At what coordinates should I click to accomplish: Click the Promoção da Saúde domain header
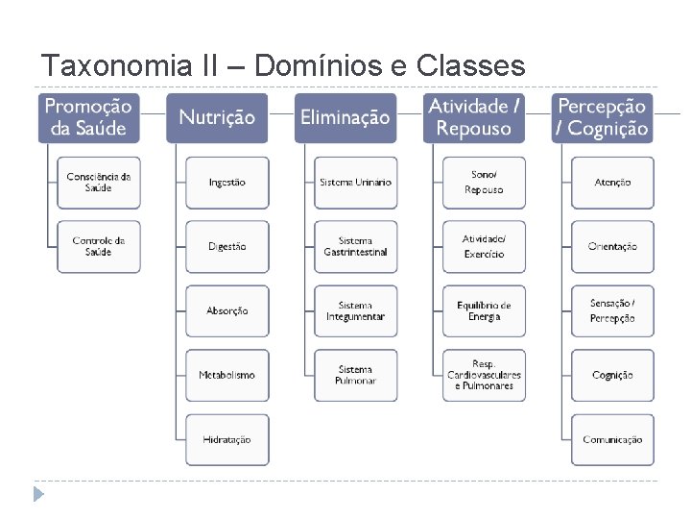point(89,117)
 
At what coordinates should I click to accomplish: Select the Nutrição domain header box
point(217,117)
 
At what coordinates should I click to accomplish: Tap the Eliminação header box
point(345,117)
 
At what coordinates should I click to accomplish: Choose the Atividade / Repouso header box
point(474,117)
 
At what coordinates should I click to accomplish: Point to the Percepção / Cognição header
point(603,117)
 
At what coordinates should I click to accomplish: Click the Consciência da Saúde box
point(99,183)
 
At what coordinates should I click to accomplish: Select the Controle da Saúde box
point(99,246)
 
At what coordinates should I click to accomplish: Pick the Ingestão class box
point(227,183)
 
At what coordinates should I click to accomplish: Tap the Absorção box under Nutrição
point(227,310)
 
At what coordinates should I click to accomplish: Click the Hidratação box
point(227,439)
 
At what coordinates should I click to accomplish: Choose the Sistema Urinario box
point(355,183)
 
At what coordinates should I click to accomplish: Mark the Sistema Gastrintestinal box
point(355,246)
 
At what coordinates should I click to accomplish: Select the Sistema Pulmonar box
point(355,375)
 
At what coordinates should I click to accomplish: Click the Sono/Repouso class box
point(484,183)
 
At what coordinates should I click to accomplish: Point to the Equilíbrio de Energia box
point(484,310)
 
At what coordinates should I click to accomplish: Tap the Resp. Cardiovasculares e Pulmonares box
point(484,375)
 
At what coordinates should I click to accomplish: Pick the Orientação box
point(612,246)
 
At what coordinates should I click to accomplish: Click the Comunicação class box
point(612,439)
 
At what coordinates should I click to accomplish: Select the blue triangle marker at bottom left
point(38,495)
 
